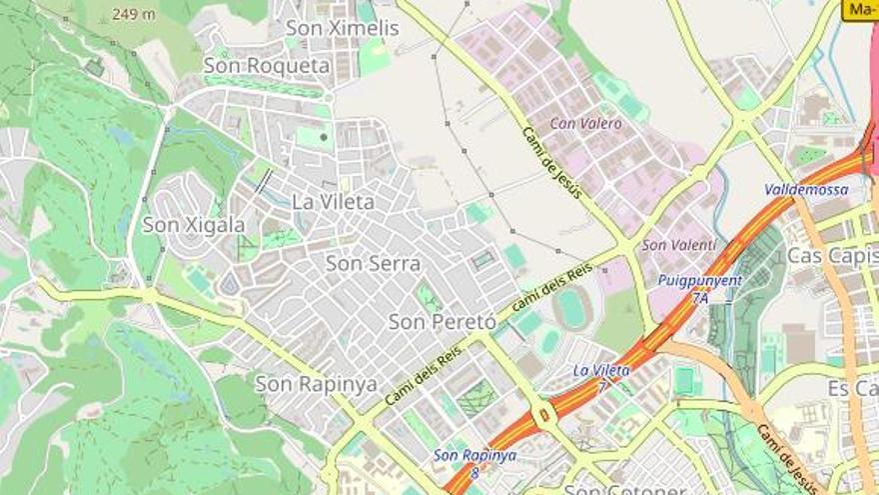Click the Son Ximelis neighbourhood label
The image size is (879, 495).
(343, 28)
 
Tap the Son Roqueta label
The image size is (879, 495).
(267, 66)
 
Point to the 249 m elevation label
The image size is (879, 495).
(133, 14)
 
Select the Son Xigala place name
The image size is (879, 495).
(194, 225)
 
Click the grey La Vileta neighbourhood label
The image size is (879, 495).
(334, 202)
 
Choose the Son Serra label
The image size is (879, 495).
(374, 264)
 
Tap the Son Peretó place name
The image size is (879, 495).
(441, 322)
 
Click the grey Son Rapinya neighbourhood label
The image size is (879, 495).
(316, 384)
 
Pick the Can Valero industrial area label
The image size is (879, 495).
(586, 124)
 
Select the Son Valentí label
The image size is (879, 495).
(679, 245)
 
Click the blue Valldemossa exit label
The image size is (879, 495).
(806, 189)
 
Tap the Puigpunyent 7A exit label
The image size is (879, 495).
(699, 288)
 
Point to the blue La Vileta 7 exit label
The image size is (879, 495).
(601, 376)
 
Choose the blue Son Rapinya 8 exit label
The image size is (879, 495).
(474, 462)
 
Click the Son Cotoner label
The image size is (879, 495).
(625, 489)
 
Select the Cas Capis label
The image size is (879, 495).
(832, 256)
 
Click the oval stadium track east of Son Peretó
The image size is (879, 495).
(573, 308)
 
